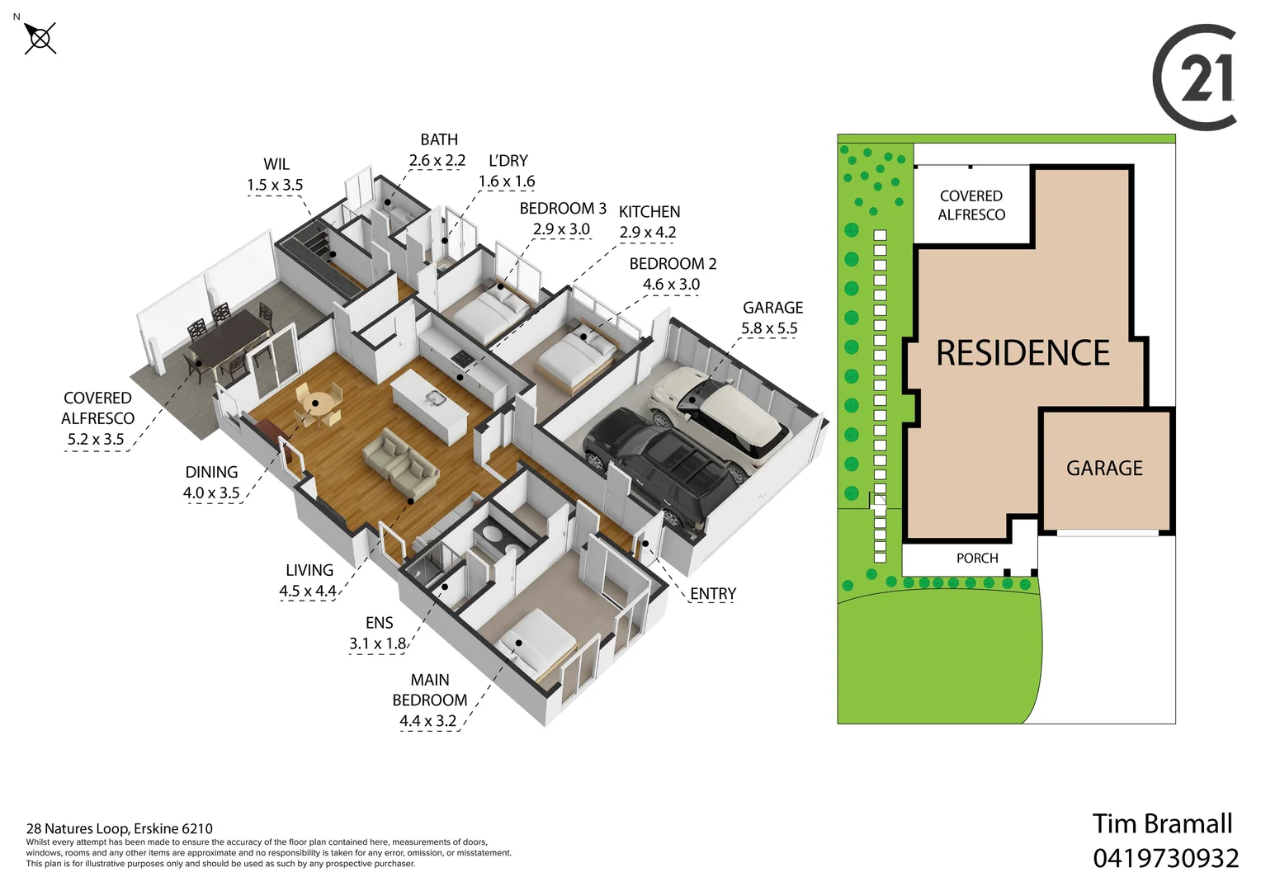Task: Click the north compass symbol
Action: point(40,38)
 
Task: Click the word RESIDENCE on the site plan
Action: point(1022,353)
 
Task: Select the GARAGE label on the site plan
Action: point(1104,469)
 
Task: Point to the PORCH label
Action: point(977,559)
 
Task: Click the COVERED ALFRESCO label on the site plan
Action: point(971,205)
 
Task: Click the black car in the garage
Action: point(660,467)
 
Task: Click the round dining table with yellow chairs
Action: point(316,406)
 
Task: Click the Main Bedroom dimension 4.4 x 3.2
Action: point(427,721)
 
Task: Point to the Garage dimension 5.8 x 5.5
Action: point(769,328)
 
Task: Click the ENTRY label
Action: point(713,594)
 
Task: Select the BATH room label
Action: point(439,140)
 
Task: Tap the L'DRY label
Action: point(508,161)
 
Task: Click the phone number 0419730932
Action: point(1165,858)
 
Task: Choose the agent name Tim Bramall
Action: point(1162,823)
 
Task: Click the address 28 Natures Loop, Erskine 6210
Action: point(120,828)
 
